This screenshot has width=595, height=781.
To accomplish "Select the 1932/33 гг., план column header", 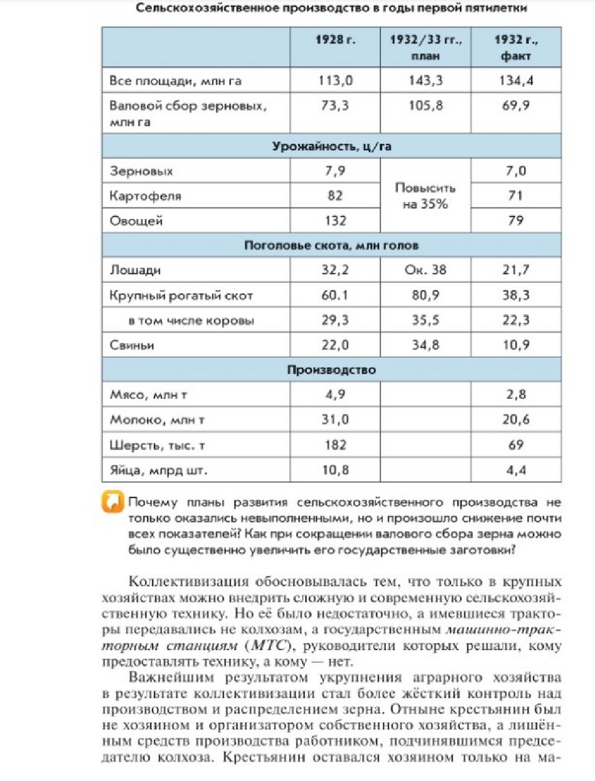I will click(426, 47).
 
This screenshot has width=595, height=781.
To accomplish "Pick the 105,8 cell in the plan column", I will click(426, 106).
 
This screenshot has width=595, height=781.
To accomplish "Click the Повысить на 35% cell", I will click(426, 196).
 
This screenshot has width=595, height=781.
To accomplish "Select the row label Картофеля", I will click(146, 196).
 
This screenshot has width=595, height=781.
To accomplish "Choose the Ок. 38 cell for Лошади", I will click(426, 270).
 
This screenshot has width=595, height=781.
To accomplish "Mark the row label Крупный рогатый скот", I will click(181, 295).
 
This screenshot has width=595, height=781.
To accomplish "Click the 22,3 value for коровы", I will click(516, 320).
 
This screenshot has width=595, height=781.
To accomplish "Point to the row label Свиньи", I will click(132, 346).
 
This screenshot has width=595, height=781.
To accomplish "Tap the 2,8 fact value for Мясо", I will click(516, 394).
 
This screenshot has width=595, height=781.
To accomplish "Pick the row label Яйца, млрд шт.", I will click(158, 470).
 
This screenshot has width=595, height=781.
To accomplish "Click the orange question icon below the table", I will click(113, 502).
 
